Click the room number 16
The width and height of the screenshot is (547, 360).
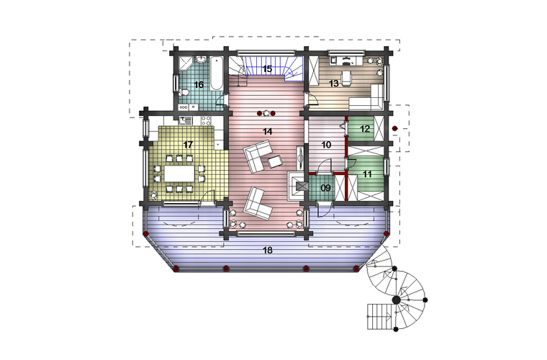click(x=199, y=85)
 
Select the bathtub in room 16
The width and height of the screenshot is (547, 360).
click(x=216, y=73)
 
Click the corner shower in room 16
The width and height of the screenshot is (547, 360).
click(x=185, y=63)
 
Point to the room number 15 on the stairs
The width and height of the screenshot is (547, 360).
click(x=267, y=68)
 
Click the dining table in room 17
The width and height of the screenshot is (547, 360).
click(x=179, y=174)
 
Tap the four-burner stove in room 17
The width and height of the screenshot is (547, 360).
click(x=206, y=121)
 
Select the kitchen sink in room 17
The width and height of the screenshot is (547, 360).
click(x=185, y=121)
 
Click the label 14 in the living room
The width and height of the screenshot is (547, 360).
click(x=267, y=132)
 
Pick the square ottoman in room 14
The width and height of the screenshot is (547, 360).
click(x=274, y=162)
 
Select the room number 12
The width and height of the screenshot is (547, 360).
click(x=365, y=129)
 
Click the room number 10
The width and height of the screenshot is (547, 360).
click(x=326, y=145)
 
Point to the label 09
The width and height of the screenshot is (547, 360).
click(x=325, y=189)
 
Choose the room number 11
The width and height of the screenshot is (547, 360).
click(x=367, y=174)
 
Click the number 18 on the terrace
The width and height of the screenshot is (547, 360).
click(x=268, y=250)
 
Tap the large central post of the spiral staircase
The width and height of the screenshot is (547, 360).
click(x=396, y=300)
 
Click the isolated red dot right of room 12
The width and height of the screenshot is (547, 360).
click(x=394, y=129)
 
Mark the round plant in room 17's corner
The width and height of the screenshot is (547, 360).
click(x=154, y=196)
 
